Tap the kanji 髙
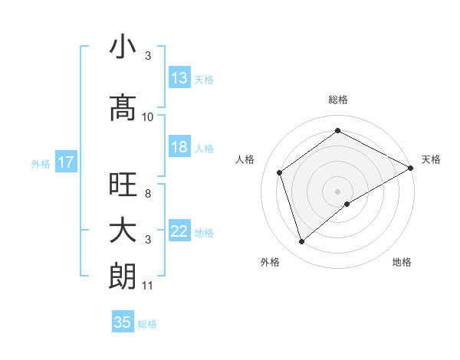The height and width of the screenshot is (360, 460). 123,107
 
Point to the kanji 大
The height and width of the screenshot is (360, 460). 123,231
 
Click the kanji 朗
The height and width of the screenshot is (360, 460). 123,277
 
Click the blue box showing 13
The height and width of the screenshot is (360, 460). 179,78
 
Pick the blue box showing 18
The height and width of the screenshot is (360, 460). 179,147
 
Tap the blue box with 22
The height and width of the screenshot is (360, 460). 179,231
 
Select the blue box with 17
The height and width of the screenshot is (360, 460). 65,162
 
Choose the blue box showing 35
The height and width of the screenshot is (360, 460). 123,322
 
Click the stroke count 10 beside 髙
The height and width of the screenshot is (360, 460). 148,117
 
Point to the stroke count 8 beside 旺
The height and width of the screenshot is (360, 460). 148,194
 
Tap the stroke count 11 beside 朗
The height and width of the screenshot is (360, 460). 148,286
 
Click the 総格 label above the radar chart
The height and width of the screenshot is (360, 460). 338,100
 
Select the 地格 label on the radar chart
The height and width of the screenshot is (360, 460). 402,262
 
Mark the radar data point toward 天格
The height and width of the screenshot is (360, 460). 412,168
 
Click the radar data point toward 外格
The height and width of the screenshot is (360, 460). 301,242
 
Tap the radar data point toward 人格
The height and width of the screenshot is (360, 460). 280,172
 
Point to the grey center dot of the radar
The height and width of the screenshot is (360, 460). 338,191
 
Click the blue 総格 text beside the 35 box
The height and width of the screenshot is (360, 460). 148,324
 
